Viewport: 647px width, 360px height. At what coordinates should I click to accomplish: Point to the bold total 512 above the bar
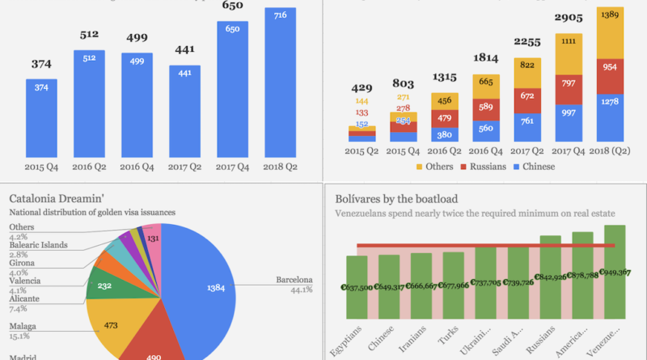pos(89,35)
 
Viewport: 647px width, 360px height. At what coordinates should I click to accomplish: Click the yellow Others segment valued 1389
pos(611,32)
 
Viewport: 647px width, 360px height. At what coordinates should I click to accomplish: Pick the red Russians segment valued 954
pos(611,74)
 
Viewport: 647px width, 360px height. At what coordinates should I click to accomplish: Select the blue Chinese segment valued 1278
pos(611,117)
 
